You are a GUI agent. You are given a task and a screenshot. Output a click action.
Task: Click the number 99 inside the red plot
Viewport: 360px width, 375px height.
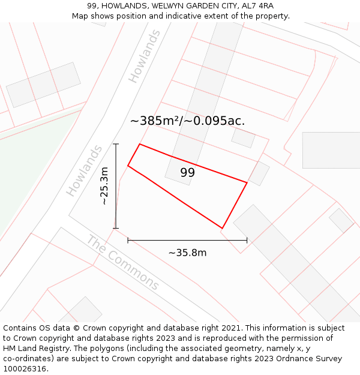coord(187,173)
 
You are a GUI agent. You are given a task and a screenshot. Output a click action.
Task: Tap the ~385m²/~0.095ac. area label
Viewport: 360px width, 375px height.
coord(187,121)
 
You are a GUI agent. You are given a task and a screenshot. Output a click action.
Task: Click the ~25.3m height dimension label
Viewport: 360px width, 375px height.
coord(104,186)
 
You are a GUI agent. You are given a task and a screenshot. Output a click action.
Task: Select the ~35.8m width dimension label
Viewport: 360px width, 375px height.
coord(187,253)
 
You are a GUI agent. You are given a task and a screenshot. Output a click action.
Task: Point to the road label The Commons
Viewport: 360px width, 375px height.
coord(124,263)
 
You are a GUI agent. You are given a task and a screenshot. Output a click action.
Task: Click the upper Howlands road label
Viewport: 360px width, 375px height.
coord(145,56)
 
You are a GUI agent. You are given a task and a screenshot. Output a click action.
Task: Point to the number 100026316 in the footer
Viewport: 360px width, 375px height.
coord(25,368)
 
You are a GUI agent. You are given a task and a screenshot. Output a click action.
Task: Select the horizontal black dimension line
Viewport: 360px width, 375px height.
coord(187,240)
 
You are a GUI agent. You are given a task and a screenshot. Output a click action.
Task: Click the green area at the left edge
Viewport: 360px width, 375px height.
coord(24,174)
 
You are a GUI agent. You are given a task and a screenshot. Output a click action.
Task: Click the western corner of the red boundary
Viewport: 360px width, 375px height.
coord(128,166)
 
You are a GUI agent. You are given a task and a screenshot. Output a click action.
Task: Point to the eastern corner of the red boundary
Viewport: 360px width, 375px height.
coord(247,182)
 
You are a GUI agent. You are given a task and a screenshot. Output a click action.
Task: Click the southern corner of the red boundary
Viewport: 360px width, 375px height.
coord(222,229)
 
